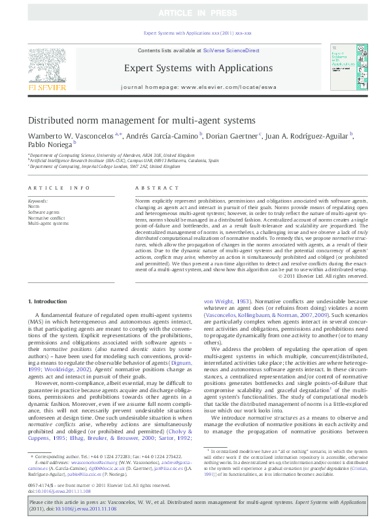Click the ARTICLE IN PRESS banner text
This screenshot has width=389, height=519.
pos(194,12)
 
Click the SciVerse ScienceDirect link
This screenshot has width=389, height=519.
pos(231,50)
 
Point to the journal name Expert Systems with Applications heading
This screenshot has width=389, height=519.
pos(198,67)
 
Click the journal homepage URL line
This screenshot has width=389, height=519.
pos(198,87)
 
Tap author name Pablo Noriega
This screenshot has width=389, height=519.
pos(50,145)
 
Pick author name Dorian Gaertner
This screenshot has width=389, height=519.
pos(232,136)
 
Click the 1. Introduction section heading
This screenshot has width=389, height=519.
pos(49,301)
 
